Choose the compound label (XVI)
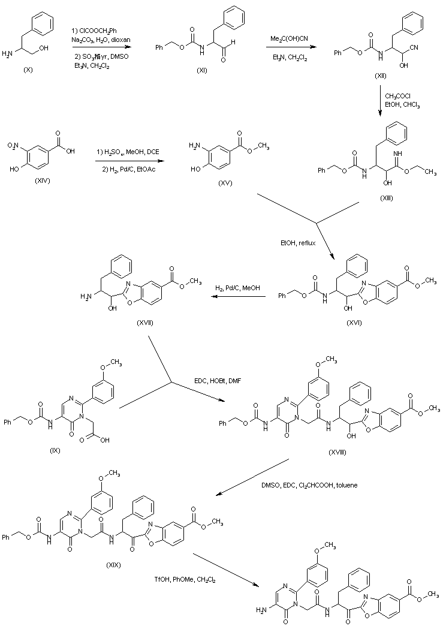click(x=354, y=323)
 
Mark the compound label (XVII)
click(x=144, y=323)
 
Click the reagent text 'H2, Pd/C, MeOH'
click(x=238, y=288)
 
